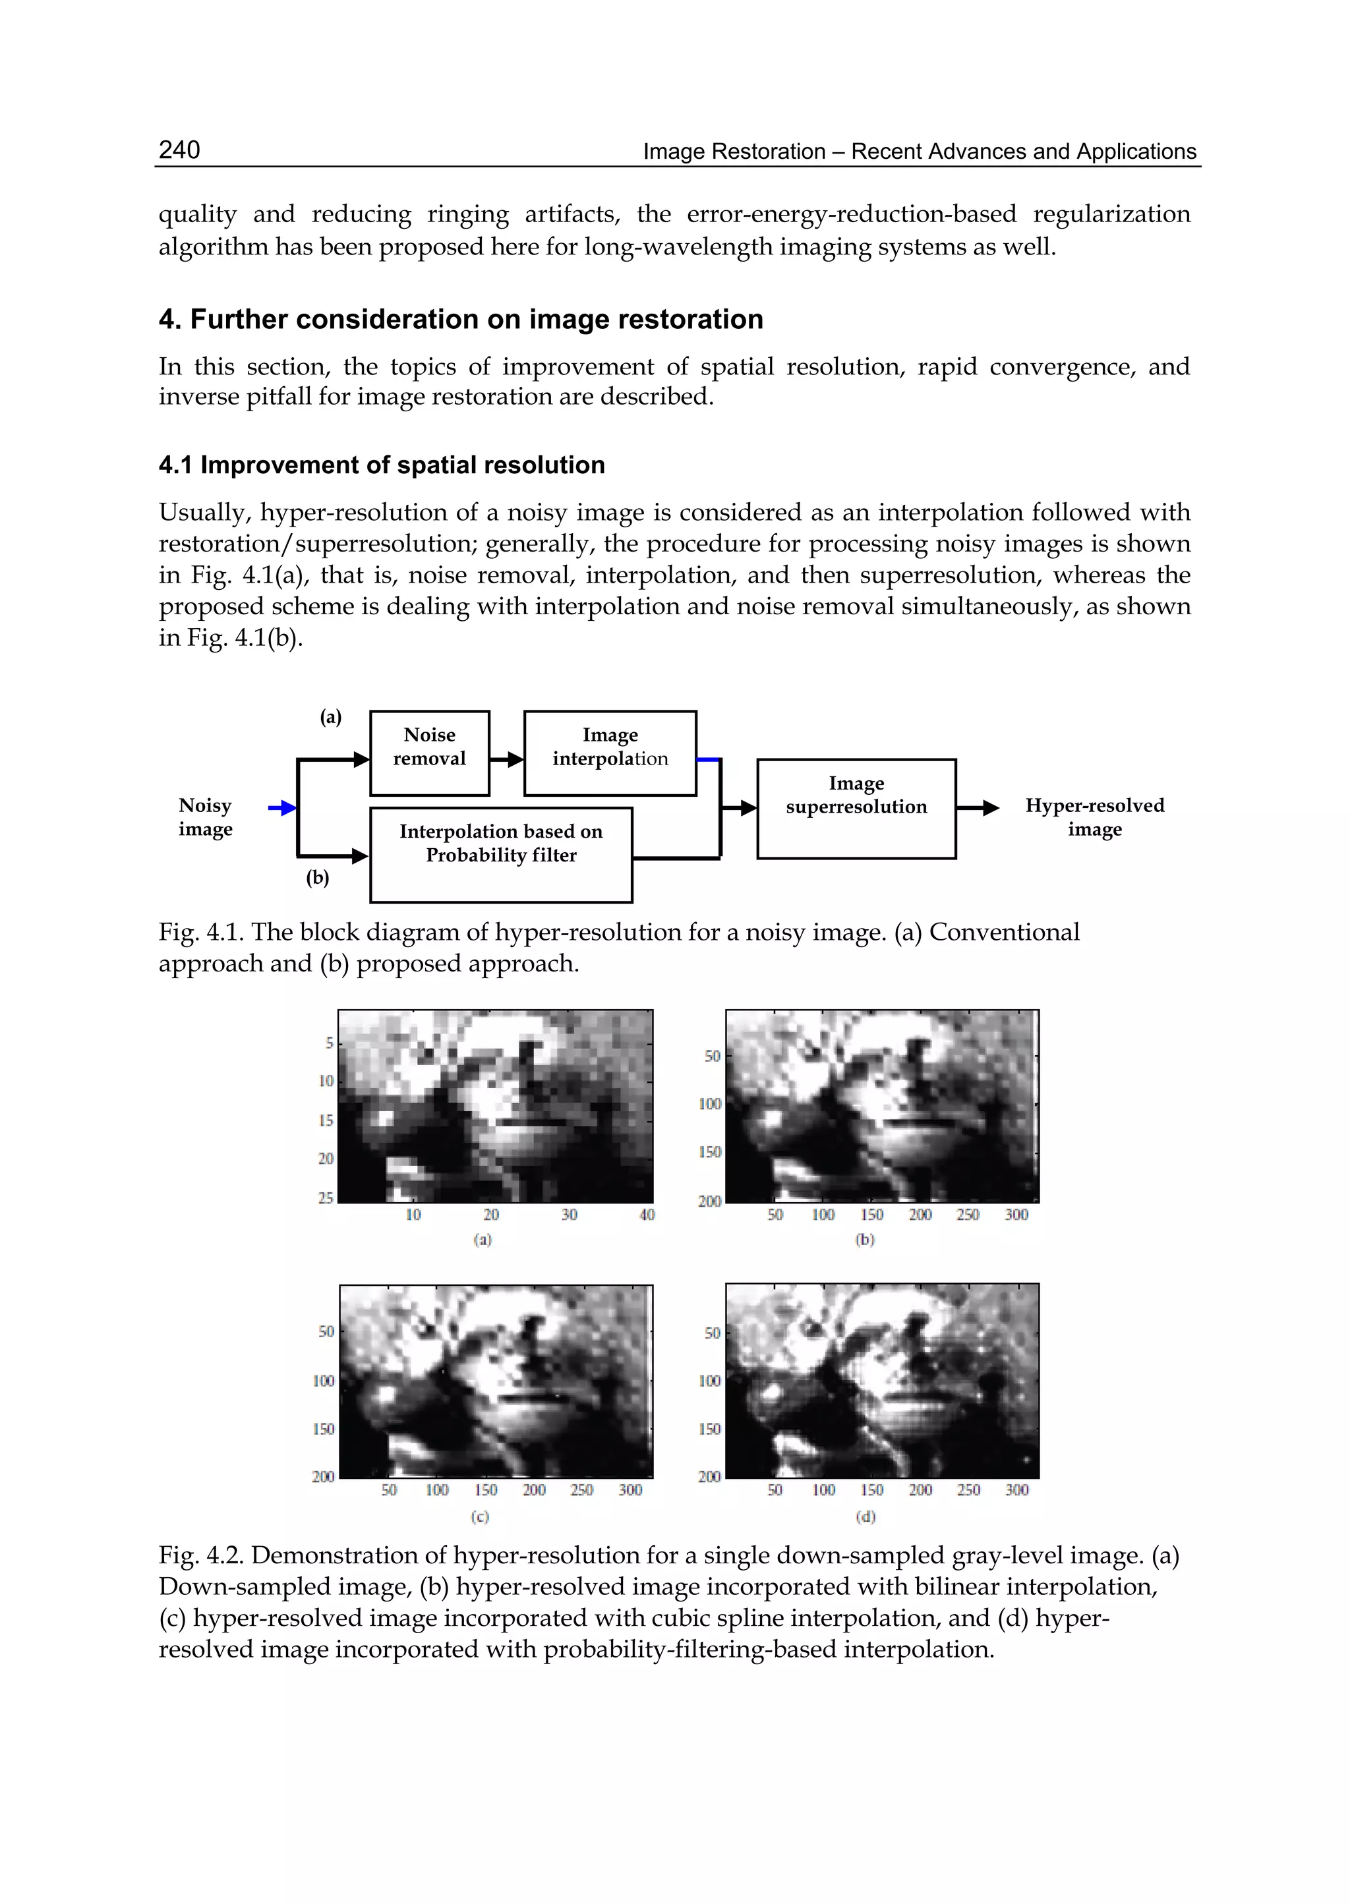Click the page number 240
179,150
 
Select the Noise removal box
429,752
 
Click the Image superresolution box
856,808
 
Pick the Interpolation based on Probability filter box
500,853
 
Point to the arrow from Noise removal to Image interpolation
506,759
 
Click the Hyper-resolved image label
1094,817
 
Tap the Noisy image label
205,817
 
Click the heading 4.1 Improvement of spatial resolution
382,465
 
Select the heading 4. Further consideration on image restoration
461,319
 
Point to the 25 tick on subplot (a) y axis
325,1197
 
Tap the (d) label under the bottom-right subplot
866,1516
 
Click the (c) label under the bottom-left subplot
480,1516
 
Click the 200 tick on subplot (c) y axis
322,1476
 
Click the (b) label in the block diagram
318,878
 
